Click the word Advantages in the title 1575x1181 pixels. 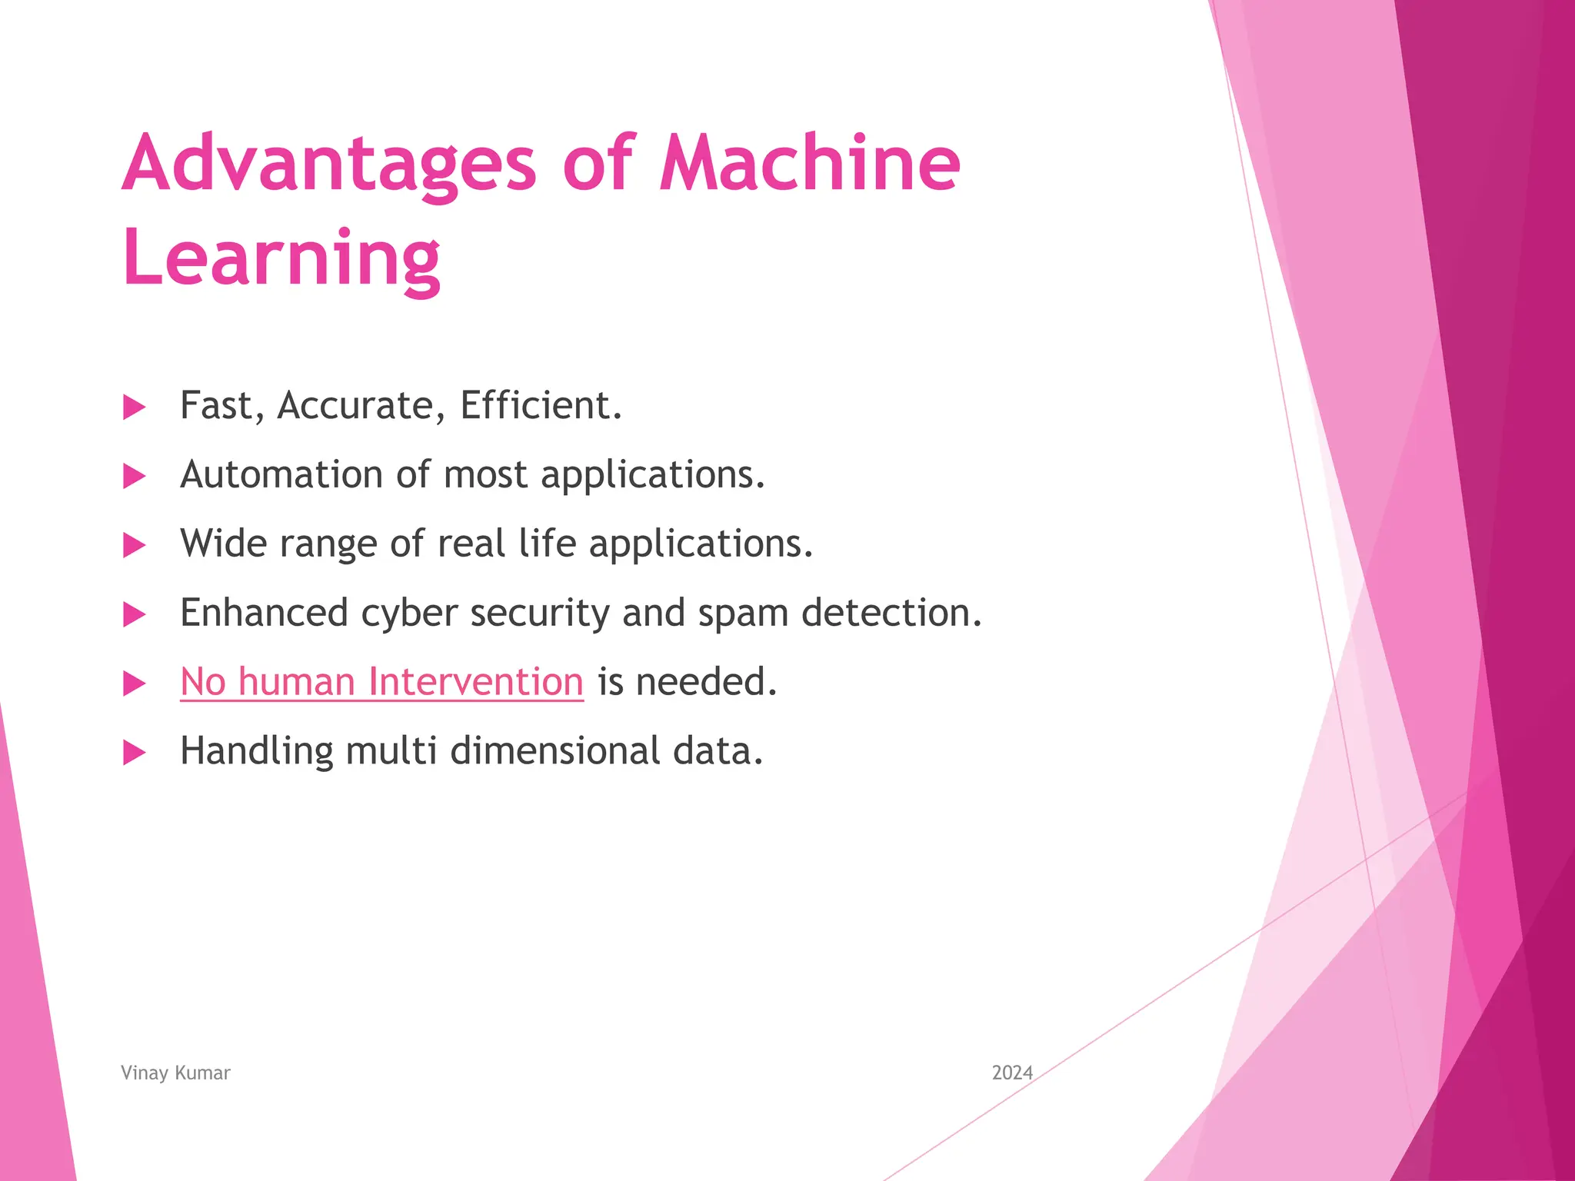tap(328, 163)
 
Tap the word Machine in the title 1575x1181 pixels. tap(810, 163)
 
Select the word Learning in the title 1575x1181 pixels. tap(281, 258)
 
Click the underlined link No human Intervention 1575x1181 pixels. tap(381, 681)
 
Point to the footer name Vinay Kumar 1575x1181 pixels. tap(175, 1073)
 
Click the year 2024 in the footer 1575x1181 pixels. tap(1012, 1073)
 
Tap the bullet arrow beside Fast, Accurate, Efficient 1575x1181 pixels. tap(135, 408)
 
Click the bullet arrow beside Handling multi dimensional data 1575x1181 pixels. tap(135, 753)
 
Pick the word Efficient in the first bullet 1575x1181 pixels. tap(541, 405)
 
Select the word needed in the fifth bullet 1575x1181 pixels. tap(706, 682)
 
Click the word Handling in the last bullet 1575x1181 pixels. tap(256, 751)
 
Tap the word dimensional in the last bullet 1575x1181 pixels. tap(554, 751)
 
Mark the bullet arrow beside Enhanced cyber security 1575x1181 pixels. tap(135, 614)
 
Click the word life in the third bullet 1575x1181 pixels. tap(547, 543)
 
